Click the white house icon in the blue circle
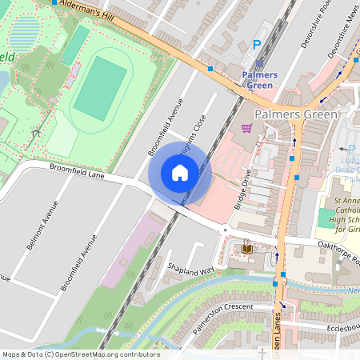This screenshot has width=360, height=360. tap(180, 173)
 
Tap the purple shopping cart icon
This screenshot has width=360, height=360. tap(246, 127)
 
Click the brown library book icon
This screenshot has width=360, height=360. tap(246, 250)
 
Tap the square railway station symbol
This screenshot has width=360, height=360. tap(258, 63)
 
